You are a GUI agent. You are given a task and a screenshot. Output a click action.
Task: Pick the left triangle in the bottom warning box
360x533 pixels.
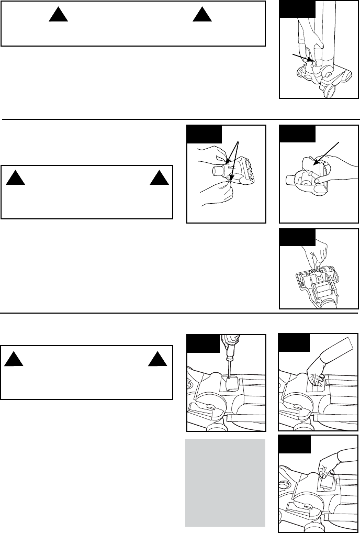click(15, 359)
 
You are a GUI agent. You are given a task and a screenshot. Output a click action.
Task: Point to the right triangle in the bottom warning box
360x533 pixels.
click(159, 359)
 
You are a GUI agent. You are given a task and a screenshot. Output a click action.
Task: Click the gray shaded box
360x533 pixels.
click(225, 482)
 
